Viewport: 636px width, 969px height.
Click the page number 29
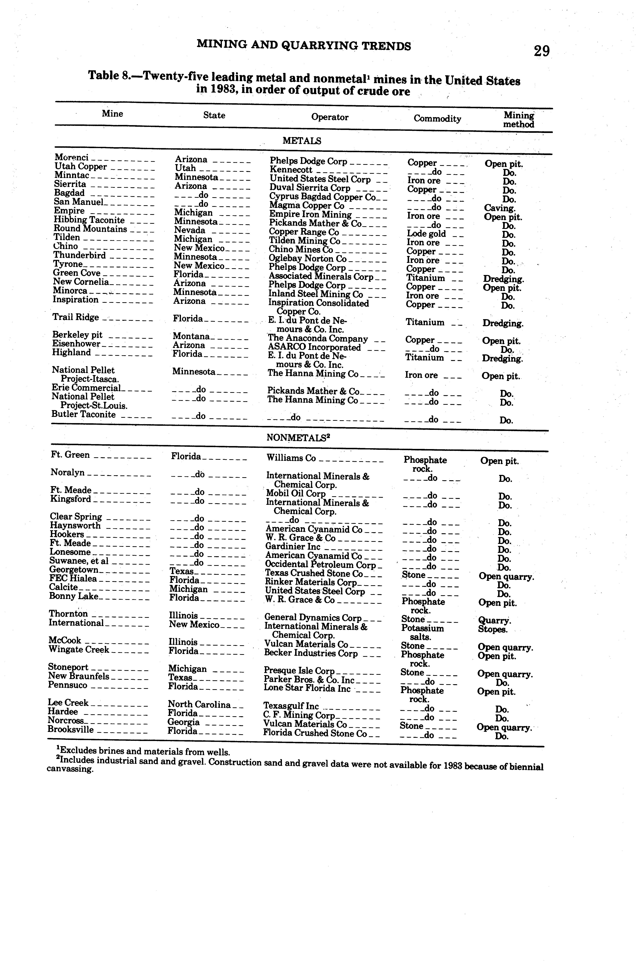pyautogui.click(x=541, y=51)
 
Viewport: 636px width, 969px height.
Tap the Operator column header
pyautogui.click(x=330, y=117)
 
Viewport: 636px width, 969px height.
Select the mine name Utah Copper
pyautogui.click(x=81, y=167)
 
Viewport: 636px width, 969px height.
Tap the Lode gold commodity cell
pyautogui.click(x=426, y=234)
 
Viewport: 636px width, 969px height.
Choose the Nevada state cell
pyautogui.click(x=190, y=231)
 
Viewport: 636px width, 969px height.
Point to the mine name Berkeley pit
pyautogui.click(x=77, y=335)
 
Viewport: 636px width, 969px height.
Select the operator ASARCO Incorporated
pyautogui.click(x=314, y=348)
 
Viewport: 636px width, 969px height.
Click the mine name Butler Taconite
pyautogui.click(x=84, y=415)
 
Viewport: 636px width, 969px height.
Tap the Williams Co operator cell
pyautogui.click(x=291, y=458)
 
